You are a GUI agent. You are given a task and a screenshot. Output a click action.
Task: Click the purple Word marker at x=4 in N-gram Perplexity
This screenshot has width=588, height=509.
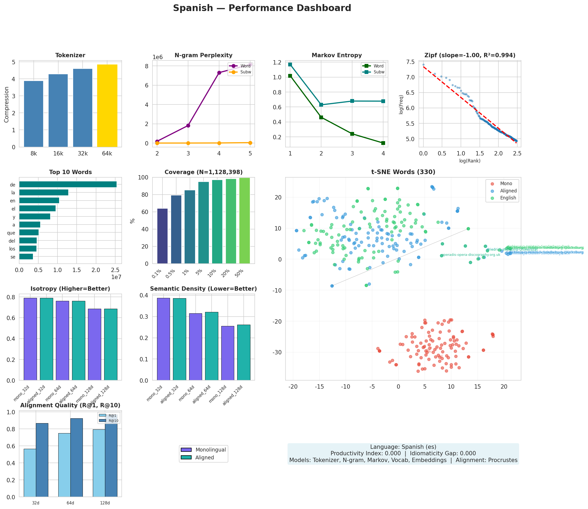[219, 73]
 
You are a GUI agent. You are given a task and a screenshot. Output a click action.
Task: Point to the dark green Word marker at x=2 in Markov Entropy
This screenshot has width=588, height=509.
[321, 117]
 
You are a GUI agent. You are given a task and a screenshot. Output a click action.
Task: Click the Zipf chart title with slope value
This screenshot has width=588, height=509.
[470, 55]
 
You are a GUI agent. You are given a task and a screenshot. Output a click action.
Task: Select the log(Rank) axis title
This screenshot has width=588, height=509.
[470, 161]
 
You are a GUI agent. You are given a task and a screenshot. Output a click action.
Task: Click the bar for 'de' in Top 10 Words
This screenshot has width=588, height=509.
[68, 184]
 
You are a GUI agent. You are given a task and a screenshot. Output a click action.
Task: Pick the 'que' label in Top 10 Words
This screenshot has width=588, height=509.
[11, 233]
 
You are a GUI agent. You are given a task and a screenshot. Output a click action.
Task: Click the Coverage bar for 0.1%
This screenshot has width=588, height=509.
[162, 236]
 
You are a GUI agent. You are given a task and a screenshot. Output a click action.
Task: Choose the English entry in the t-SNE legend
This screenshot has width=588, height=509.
[508, 198]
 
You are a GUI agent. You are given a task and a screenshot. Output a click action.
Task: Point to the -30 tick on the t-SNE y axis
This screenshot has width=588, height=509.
[277, 352]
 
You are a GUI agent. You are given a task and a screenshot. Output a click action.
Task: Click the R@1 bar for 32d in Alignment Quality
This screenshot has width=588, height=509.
[30, 473]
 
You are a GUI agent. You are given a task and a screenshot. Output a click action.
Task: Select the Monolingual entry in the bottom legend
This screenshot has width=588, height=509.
[210, 450]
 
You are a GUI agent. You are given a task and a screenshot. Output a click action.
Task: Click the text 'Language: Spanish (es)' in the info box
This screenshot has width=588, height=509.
[403, 447]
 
